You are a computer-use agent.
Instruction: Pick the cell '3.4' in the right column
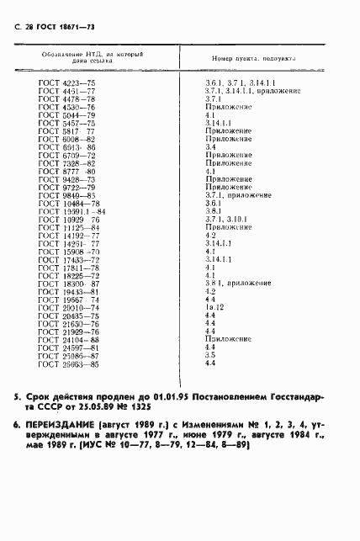point(210,147)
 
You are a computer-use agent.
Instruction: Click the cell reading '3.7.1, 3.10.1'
point(224,219)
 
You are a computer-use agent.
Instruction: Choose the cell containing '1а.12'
point(214,307)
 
